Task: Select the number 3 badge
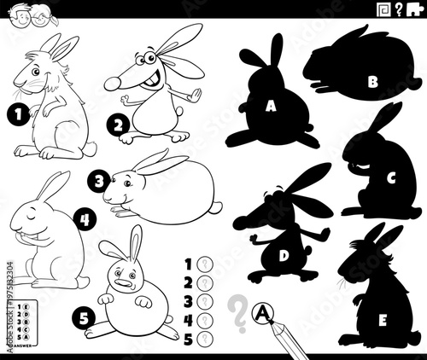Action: click(x=100, y=181)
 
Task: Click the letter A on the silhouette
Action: click(x=271, y=106)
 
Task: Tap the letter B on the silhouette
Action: click(x=371, y=82)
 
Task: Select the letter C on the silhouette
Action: click(x=390, y=178)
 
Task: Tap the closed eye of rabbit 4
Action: click(x=32, y=219)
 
